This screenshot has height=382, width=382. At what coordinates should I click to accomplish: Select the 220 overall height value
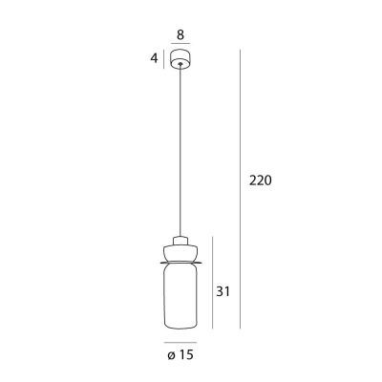(x=260, y=180)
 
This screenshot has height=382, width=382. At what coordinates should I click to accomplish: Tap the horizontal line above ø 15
(x=180, y=341)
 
